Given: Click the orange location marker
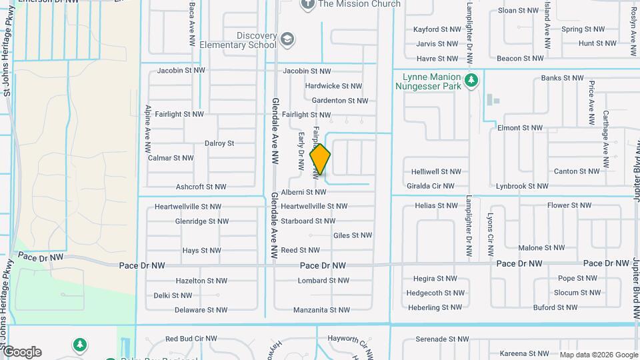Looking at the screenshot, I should point(321,159).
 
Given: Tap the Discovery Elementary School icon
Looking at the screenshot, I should point(287,39).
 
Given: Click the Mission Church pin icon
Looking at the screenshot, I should point(307,5).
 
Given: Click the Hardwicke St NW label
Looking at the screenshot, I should point(333,86).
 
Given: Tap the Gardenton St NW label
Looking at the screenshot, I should point(340,101).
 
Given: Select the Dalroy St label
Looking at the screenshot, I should point(219,143).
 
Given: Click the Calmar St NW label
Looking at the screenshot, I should point(171,158).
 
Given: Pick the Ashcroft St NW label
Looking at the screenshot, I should point(201,187).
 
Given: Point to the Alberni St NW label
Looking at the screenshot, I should point(303,192).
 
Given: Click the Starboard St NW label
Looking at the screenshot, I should point(308,221).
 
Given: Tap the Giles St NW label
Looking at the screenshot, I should point(352,235).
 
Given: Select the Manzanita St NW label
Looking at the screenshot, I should point(320,310).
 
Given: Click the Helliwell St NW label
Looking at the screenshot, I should point(437,172).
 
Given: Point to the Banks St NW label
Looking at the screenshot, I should point(561,78).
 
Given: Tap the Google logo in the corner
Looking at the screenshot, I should point(23,352).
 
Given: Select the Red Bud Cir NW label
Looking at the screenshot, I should point(191,339).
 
